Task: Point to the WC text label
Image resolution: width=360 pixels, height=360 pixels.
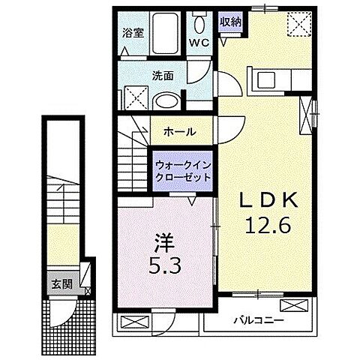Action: click(199, 43)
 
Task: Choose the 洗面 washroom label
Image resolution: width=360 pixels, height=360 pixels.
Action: click(164, 76)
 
